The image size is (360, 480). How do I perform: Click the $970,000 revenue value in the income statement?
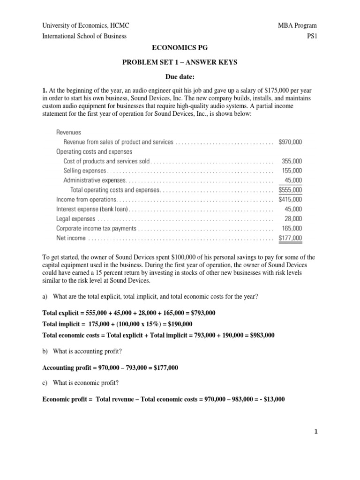290,142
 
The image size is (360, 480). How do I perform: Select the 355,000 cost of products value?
292,161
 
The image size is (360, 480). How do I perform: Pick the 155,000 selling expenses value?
292,171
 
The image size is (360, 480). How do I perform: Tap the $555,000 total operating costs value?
290,190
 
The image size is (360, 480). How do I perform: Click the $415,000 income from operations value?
290,200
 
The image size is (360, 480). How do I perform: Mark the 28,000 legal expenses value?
293,219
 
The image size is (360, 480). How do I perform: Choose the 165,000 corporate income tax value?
292,228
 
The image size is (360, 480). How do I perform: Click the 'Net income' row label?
71,238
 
